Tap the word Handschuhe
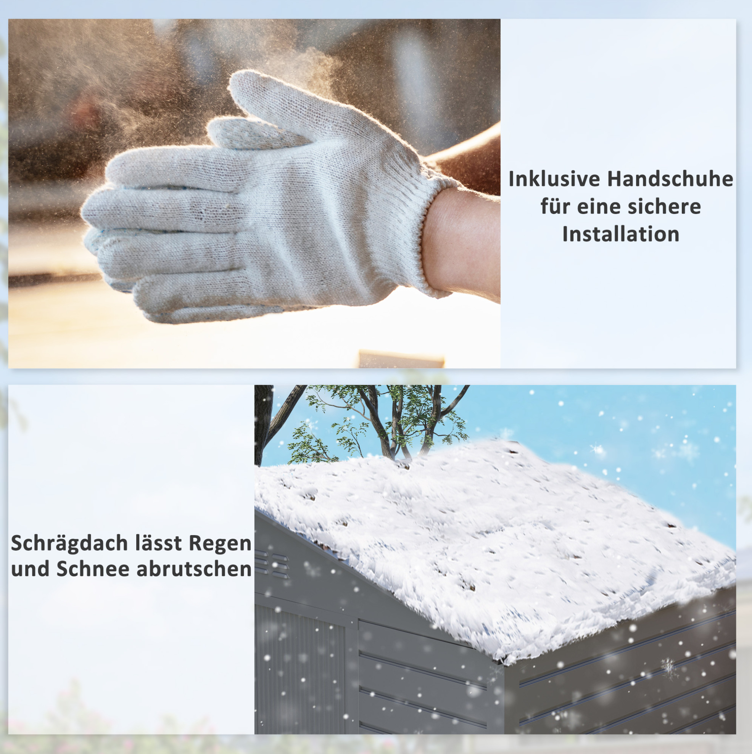670,179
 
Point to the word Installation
621,234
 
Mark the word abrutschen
194,569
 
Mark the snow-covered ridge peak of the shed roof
507,445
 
